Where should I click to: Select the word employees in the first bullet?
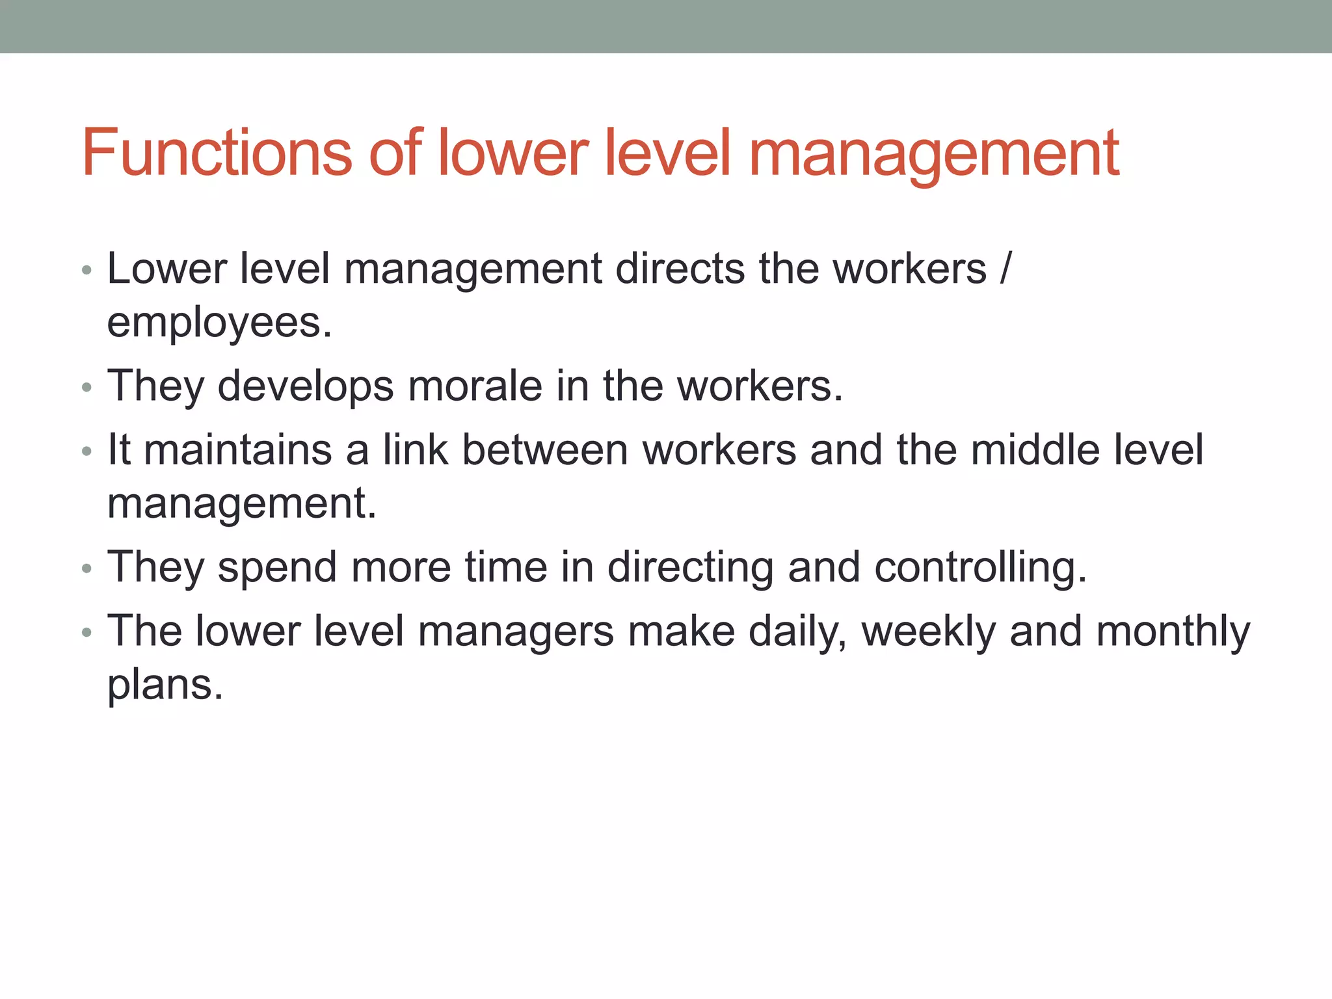pos(219,323)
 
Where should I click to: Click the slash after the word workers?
pos(1006,268)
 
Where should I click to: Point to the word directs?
pos(680,268)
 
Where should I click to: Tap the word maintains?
pos(237,449)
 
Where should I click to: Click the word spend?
pos(277,567)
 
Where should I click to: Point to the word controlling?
pos(979,567)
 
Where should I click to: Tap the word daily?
pos(797,631)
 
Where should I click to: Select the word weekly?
pos(928,631)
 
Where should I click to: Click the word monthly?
pos(1173,631)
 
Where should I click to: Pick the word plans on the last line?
pos(165,684)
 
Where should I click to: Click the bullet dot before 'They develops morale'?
pos(87,388)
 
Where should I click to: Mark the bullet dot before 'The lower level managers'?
pos(87,632)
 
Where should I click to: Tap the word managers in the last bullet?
pos(515,631)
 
